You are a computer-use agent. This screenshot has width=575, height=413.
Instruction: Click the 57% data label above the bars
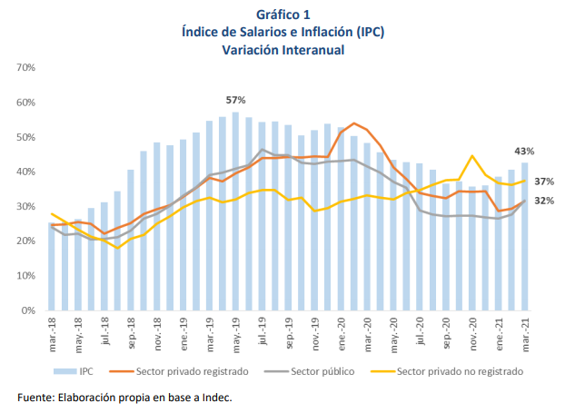[x=236, y=99]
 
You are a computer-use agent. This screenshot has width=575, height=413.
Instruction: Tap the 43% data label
[x=524, y=151]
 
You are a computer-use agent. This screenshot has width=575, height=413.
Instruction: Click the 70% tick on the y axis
[x=25, y=68]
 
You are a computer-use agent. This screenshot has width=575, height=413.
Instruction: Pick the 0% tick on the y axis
[x=27, y=310]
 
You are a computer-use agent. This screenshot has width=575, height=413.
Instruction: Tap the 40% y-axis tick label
[x=25, y=172]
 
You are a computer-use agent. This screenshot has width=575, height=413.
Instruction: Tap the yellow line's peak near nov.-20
[x=472, y=156]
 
